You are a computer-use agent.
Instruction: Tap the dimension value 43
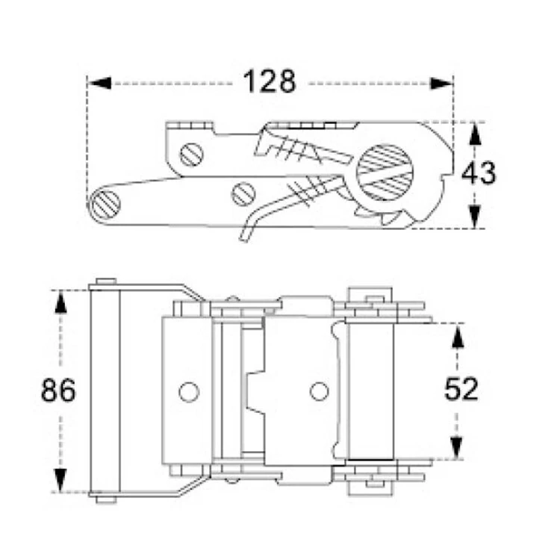pyautogui.click(x=478, y=173)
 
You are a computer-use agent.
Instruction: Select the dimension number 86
pyautogui.click(x=58, y=390)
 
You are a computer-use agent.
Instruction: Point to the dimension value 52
pyautogui.click(x=460, y=390)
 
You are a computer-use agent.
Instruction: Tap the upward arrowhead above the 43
pyautogui.click(x=473, y=135)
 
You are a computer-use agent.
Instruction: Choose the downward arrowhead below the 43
pyautogui.click(x=473, y=216)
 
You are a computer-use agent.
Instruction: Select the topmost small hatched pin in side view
pyautogui.click(x=192, y=155)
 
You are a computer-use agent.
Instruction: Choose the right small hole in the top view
pyautogui.click(x=319, y=390)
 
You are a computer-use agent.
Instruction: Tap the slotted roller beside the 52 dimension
pyautogui.click(x=371, y=390)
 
